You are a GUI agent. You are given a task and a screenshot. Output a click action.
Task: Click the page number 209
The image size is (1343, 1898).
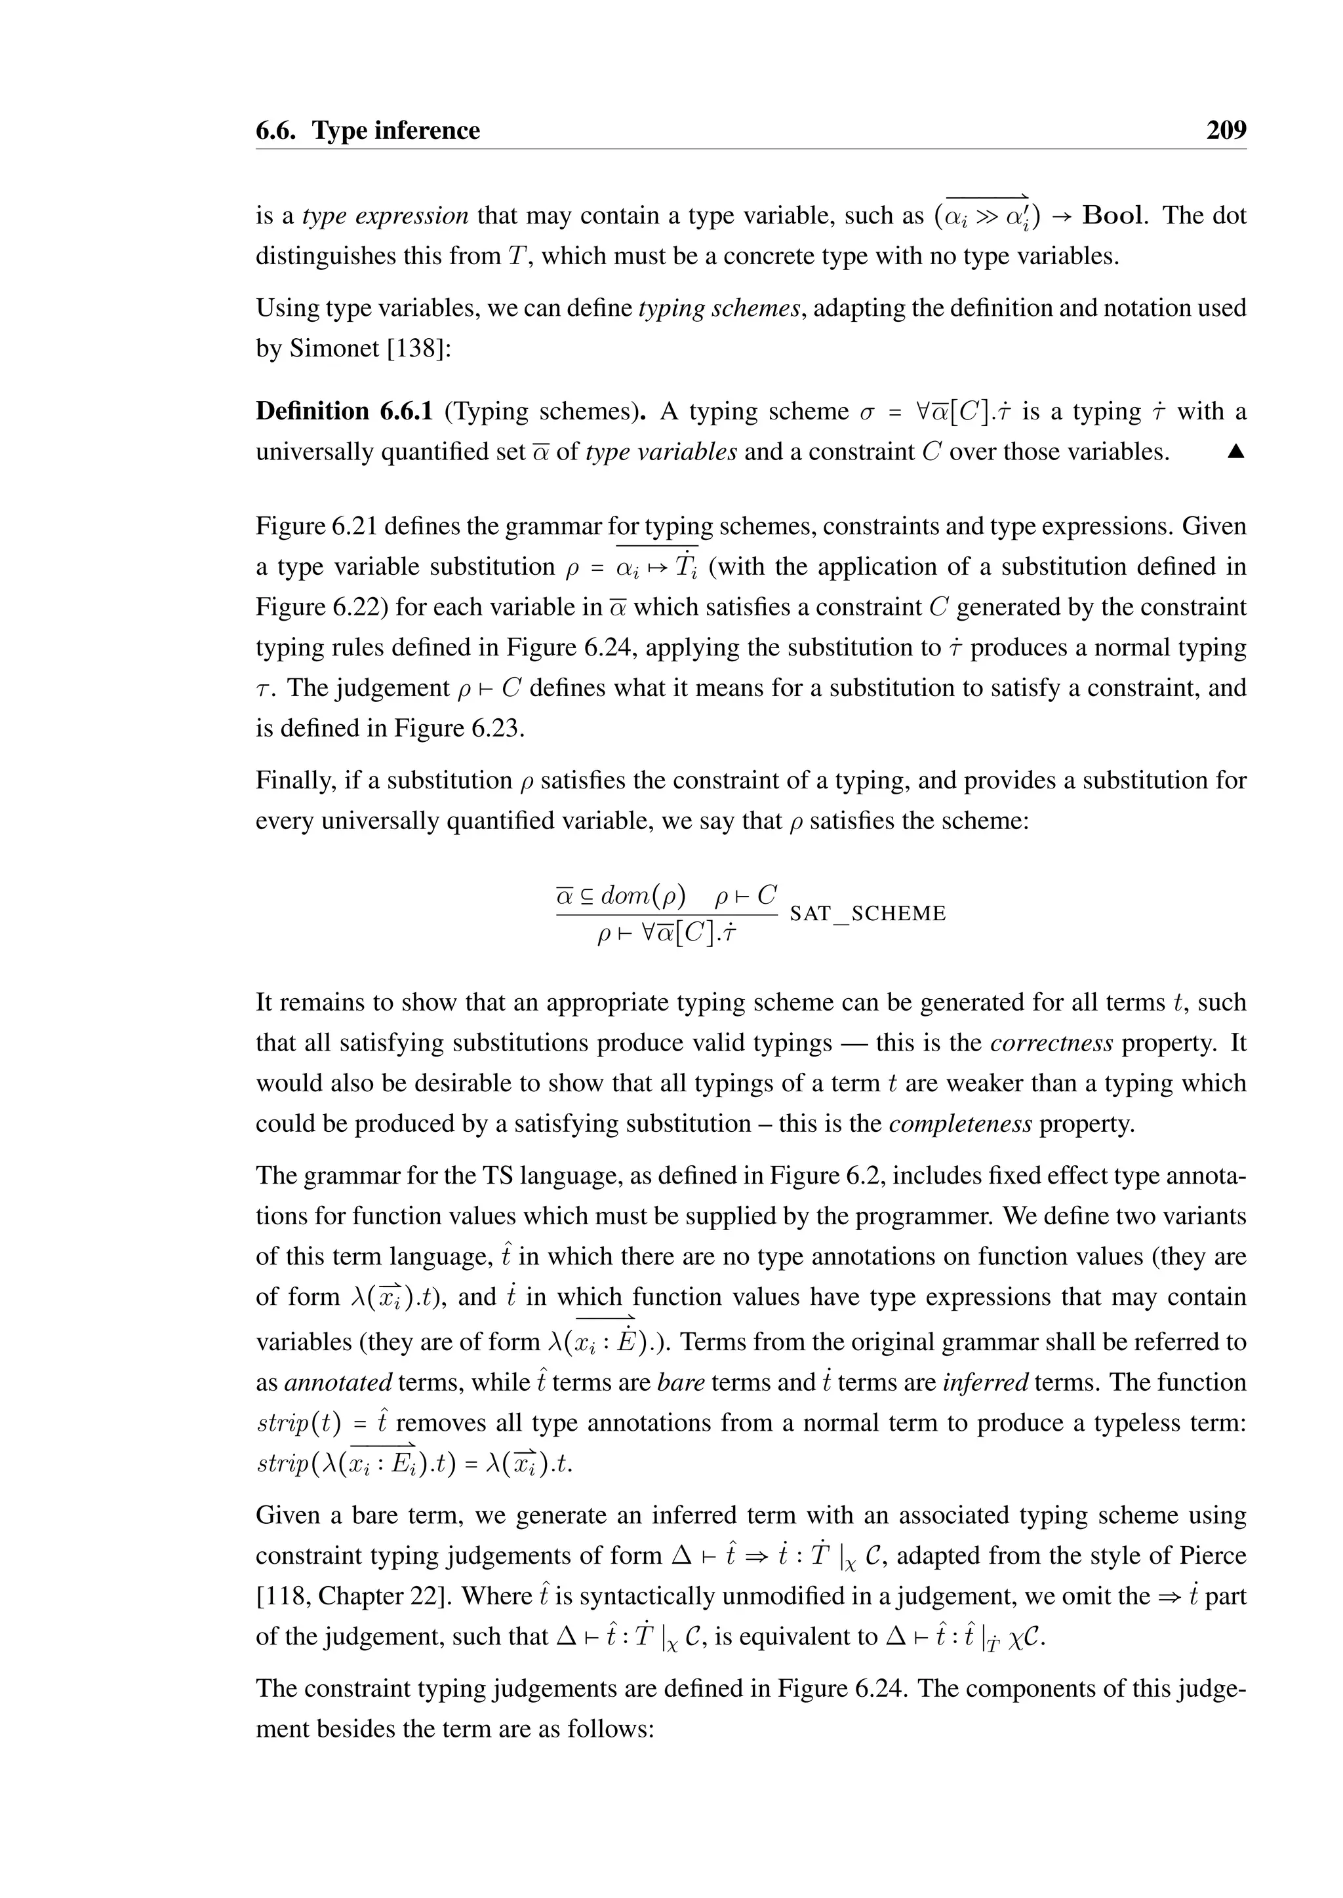(x=1226, y=130)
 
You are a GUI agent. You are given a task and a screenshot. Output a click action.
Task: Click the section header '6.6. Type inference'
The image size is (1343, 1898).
(x=367, y=130)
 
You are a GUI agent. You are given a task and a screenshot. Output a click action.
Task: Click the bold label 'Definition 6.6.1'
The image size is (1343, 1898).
(x=344, y=411)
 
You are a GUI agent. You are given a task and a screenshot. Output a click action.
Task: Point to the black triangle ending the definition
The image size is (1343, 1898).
(x=1236, y=452)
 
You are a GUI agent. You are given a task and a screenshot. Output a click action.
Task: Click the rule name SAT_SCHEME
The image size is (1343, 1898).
(x=868, y=914)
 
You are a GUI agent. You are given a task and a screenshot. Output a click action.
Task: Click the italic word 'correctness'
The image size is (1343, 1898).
(x=1051, y=1043)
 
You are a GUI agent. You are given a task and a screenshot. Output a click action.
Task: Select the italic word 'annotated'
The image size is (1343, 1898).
(x=338, y=1383)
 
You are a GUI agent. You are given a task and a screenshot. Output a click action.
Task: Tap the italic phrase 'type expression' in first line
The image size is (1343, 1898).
(x=386, y=216)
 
